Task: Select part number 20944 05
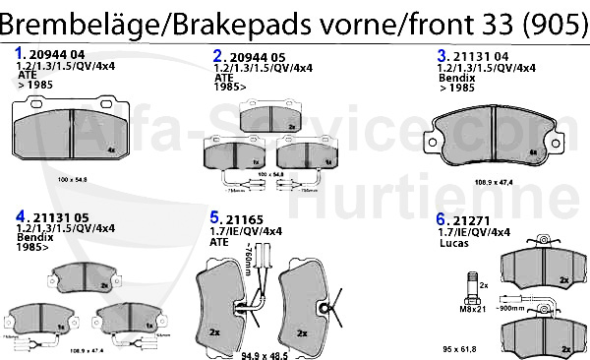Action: click(256, 57)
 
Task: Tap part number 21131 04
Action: click(481, 56)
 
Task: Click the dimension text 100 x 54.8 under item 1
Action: click(73, 180)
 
